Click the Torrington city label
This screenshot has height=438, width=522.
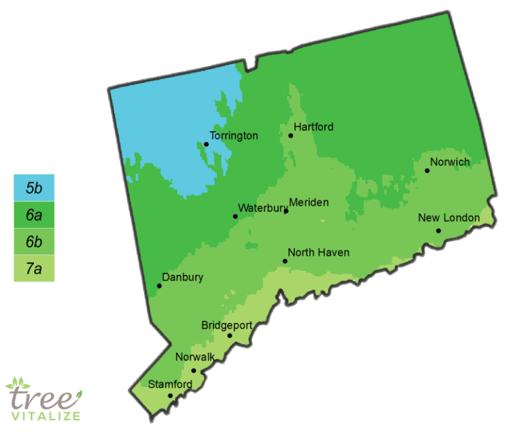[234, 136]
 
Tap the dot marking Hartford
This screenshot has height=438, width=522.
[291, 135]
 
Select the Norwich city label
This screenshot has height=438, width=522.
[451, 162]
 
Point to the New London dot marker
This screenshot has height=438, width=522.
[439, 231]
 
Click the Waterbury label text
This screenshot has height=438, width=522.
[262, 208]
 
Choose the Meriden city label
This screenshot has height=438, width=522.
[309, 203]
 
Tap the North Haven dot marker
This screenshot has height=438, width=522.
[285, 261]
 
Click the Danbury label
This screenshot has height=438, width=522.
[183, 277]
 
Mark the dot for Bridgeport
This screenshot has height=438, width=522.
[230, 335]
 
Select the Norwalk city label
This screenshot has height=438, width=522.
[195, 357]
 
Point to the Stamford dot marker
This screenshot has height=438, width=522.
[171, 395]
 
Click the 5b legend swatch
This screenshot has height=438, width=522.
[34, 188]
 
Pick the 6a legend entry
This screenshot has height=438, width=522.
[34, 214]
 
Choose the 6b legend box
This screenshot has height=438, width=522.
[34, 241]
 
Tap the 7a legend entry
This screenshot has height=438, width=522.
[34, 268]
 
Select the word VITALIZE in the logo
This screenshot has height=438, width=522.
[48, 416]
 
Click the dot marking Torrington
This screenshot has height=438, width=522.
[207, 144]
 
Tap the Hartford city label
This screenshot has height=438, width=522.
[314, 127]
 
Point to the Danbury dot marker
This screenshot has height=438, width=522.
[160, 286]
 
